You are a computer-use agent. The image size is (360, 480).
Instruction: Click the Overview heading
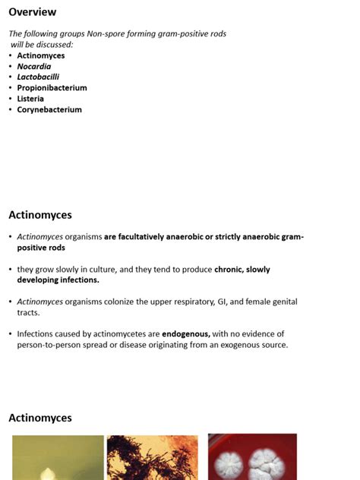pyautogui.click(x=32, y=12)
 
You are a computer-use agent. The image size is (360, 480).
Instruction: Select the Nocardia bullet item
pyautogui.click(x=34, y=66)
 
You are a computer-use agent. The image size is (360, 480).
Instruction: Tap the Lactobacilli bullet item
pyautogui.click(x=38, y=77)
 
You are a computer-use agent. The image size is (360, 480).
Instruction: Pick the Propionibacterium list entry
pyautogui.click(x=52, y=87)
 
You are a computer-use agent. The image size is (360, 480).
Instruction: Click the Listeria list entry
pyautogui.click(x=30, y=99)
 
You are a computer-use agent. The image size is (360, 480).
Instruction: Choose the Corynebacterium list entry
pyautogui.click(x=49, y=109)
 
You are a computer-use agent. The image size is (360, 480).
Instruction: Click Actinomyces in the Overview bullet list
pyautogui.click(x=41, y=55)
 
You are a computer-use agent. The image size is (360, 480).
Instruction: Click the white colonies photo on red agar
pyautogui.click(x=252, y=457)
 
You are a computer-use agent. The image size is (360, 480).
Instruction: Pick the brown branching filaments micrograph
pyautogui.click(x=152, y=457)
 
